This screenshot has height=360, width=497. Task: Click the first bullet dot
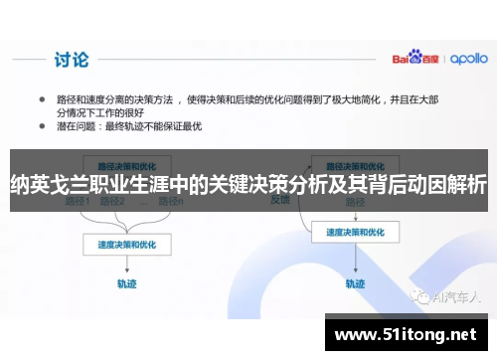coord(42,100)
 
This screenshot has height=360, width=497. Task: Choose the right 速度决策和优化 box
coord(347,233)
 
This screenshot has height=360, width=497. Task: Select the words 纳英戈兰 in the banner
coord(44,185)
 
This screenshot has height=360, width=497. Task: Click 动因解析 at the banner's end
coord(451,185)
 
